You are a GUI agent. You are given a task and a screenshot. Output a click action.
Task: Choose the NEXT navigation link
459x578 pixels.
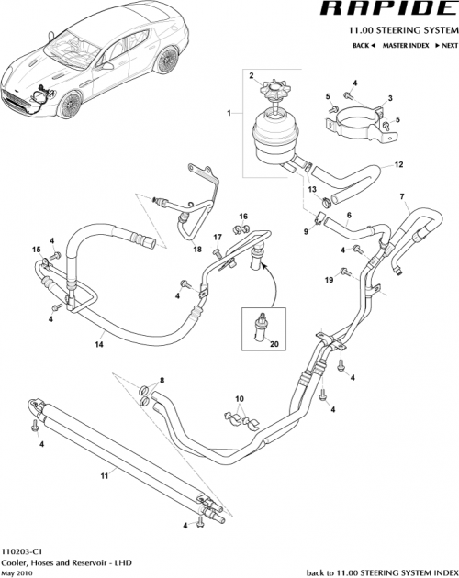tap(446, 44)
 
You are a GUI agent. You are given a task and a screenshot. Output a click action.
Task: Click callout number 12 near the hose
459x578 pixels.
tap(399, 165)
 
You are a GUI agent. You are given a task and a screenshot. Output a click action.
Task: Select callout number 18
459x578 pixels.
tap(197, 249)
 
